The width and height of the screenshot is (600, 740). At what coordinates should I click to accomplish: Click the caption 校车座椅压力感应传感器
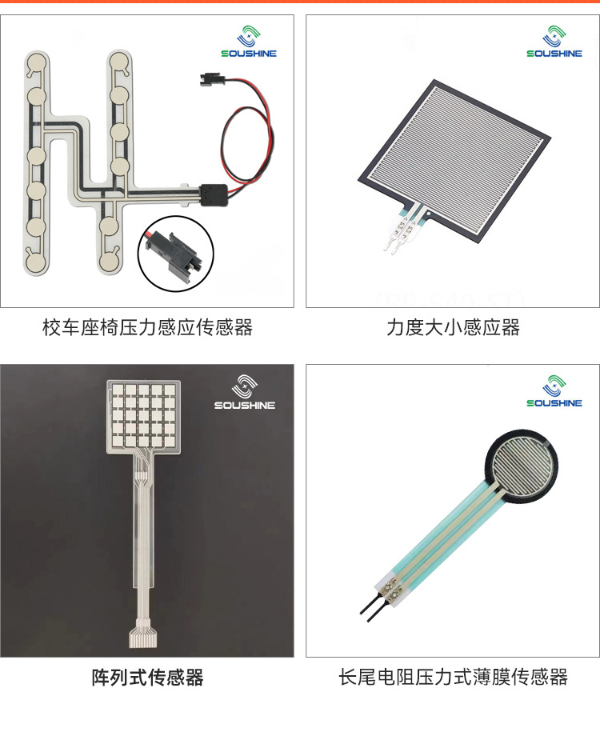click(147, 327)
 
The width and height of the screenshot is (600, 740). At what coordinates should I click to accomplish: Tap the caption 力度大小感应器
click(453, 327)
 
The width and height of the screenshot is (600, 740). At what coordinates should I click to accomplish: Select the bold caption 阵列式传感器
click(147, 678)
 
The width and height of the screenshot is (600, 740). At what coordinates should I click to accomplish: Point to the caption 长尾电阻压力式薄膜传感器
click(453, 678)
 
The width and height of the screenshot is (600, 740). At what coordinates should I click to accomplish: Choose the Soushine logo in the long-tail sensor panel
click(554, 391)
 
